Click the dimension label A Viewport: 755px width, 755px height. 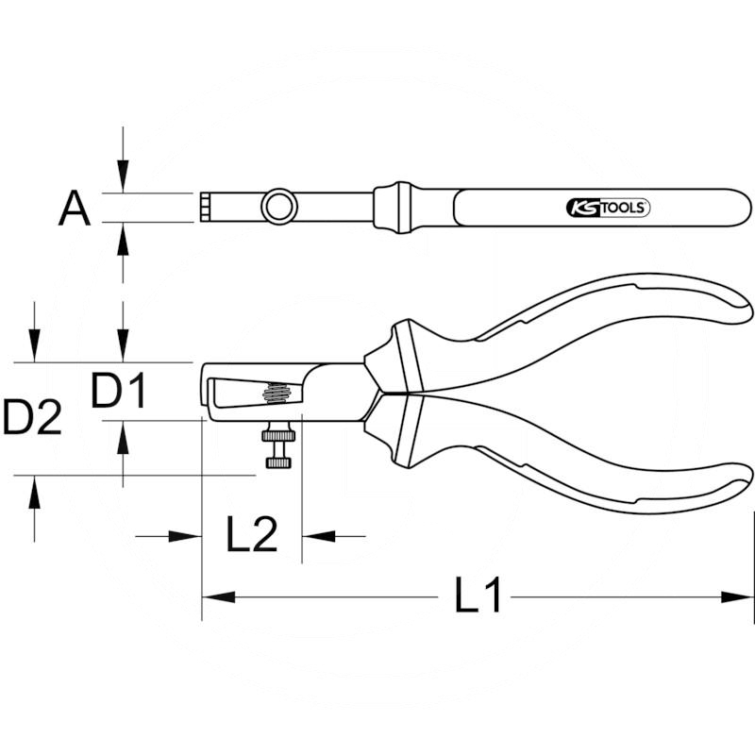pyautogui.click(x=75, y=208)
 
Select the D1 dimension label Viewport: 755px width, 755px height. pyautogui.click(x=119, y=391)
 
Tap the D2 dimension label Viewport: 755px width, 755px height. pyautogui.click(x=32, y=417)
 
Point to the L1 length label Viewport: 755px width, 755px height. pyautogui.click(x=478, y=596)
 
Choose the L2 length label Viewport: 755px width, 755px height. pyautogui.click(x=252, y=536)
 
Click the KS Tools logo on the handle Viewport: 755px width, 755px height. pyautogui.click(x=608, y=208)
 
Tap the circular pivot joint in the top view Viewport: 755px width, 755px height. pyautogui.click(x=278, y=206)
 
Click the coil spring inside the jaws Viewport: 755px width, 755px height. pyautogui.click(x=276, y=392)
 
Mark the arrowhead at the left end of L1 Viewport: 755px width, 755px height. pyautogui.click(x=213, y=596)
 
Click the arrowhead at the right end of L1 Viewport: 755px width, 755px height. pyautogui.click(x=744, y=596)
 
